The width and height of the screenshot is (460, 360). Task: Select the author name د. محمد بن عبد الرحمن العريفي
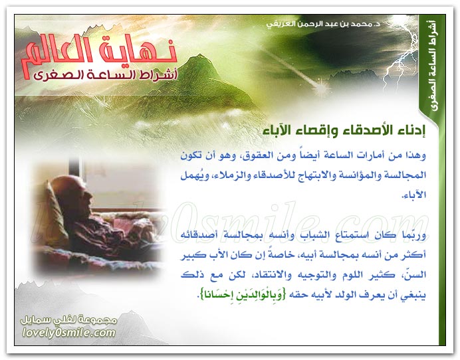[323, 24]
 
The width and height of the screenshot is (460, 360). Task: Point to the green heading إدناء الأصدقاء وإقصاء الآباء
[344, 130]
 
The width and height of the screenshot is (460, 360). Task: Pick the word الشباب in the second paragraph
[314, 235]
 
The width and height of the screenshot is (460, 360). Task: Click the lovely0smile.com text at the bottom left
[68, 333]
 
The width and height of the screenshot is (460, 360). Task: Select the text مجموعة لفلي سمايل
[68, 320]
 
